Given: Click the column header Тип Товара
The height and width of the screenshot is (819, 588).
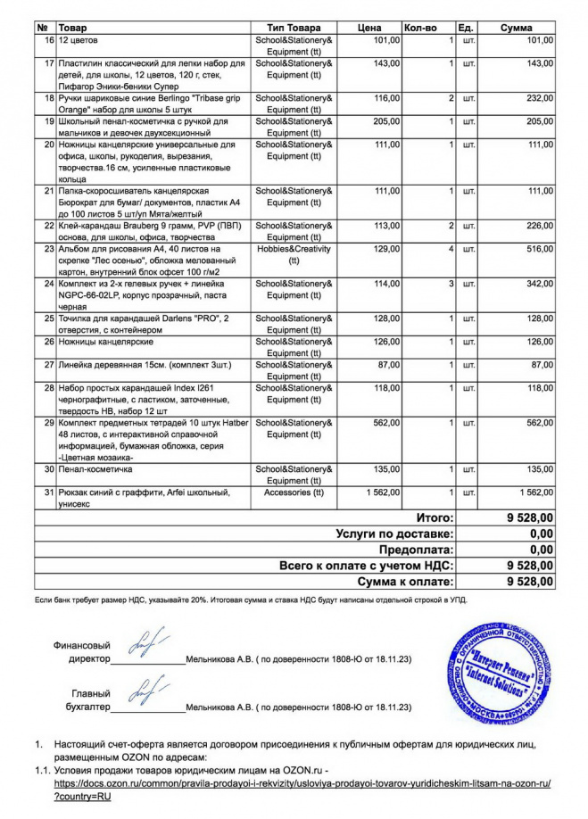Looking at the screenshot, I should point(294,29).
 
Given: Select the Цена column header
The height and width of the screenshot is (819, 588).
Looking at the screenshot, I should point(369,29).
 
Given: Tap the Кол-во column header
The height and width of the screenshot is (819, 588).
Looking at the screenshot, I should point(420,29).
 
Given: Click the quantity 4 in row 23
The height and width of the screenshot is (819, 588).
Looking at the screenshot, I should point(451,249).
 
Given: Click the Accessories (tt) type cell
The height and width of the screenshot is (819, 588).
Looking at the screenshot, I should point(294,492).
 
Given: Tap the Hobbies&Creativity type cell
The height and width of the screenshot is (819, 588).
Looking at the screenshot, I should point(294,254).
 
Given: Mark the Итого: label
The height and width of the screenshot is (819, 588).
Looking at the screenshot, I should point(435,517).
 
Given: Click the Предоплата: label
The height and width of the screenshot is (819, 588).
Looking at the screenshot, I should point(417,550).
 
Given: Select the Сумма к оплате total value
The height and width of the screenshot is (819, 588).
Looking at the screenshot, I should point(529,582).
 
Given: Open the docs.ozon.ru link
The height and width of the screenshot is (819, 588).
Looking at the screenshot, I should point(302,782).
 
